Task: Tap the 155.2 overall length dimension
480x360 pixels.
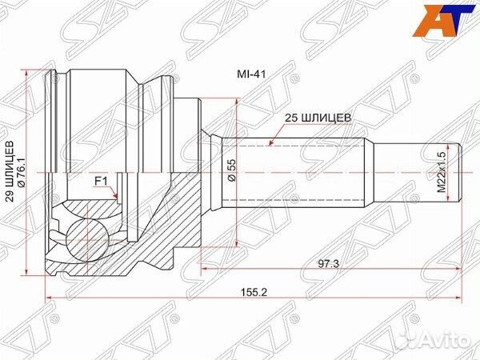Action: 257,290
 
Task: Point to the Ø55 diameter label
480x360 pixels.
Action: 230,170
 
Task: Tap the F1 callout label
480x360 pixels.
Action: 102,182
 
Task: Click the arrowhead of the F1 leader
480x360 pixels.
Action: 117,197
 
